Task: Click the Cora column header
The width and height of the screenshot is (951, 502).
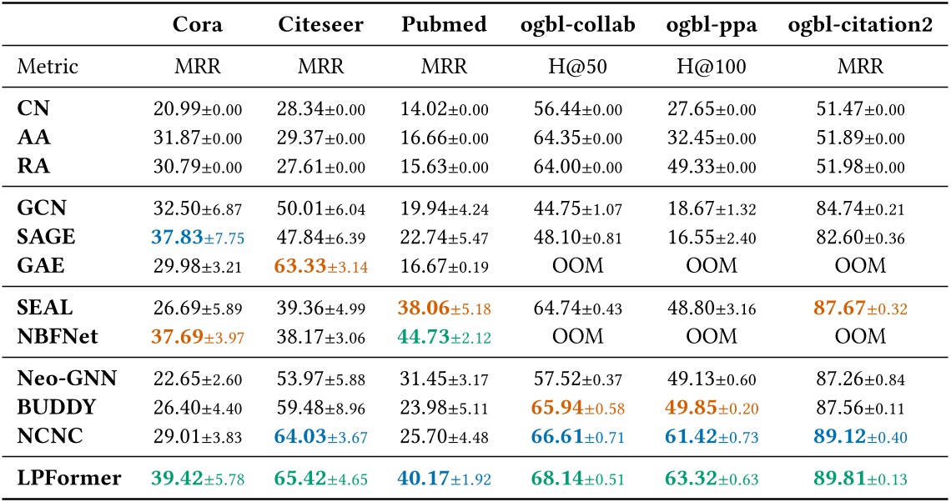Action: tap(198, 24)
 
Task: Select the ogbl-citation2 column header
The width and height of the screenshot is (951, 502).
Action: tap(861, 24)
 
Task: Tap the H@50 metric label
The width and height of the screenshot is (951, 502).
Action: tap(574, 65)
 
